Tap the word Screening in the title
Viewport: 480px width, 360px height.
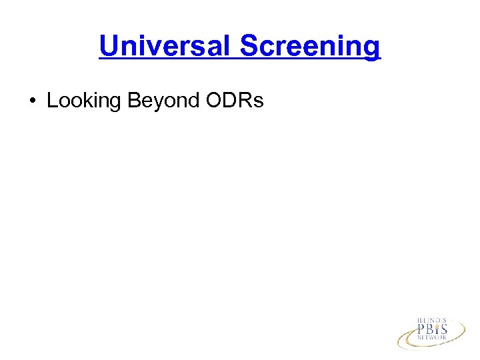coord(310,46)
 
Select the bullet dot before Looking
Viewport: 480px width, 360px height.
coord(33,101)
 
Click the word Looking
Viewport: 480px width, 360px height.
coord(83,101)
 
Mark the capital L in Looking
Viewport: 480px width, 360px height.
coord(52,101)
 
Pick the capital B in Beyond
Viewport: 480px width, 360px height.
coord(133,101)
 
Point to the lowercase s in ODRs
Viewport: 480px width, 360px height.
coord(259,102)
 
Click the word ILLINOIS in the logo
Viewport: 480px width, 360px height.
coord(431,321)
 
